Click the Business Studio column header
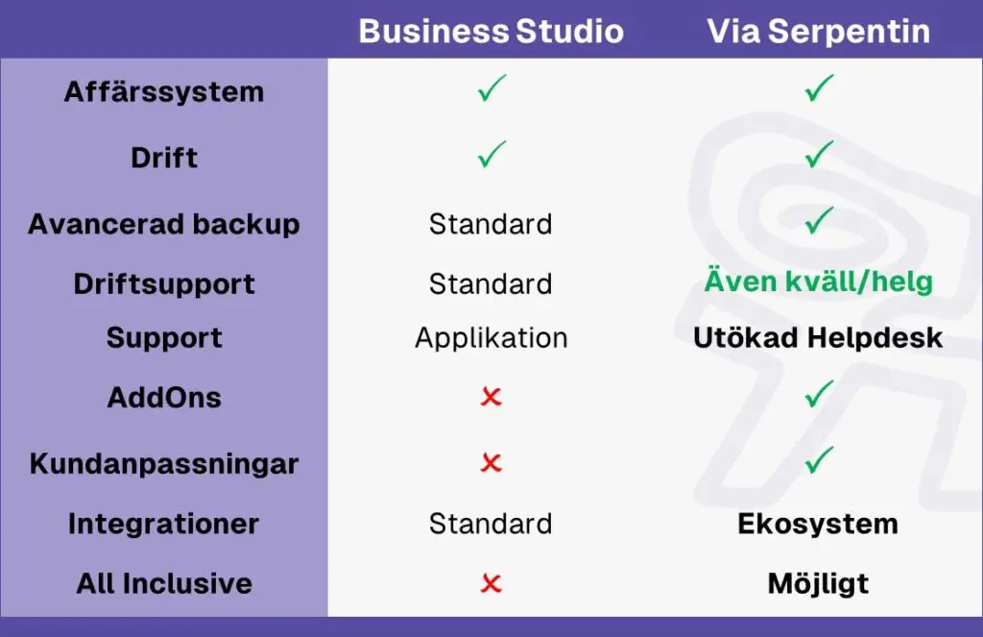(x=491, y=31)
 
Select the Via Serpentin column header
(x=818, y=31)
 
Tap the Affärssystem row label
(x=164, y=92)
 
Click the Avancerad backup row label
(x=164, y=224)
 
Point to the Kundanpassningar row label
(x=164, y=464)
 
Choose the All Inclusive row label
(x=164, y=583)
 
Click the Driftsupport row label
(x=164, y=284)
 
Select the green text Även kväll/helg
(x=818, y=281)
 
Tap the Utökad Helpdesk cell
(x=818, y=337)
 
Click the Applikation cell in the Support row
(x=491, y=338)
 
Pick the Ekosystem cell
(x=818, y=524)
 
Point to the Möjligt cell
(x=818, y=583)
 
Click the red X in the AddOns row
(x=491, y=397)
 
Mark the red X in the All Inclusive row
(x=491, y=583)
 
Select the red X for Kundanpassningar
(x=491, y=462)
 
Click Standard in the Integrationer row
(x=491, y=524)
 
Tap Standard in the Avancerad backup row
(x=491, y=224)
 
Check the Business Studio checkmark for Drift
(x=491, y=155)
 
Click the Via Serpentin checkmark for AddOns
(x=819, y=394)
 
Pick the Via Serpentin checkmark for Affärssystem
(x=819, y=87)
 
